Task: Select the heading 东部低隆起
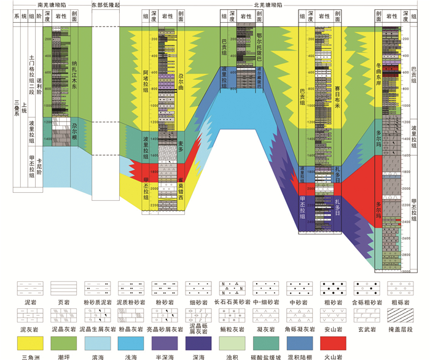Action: (x=105, y=4)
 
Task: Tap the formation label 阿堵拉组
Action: (x=146, y=86)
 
